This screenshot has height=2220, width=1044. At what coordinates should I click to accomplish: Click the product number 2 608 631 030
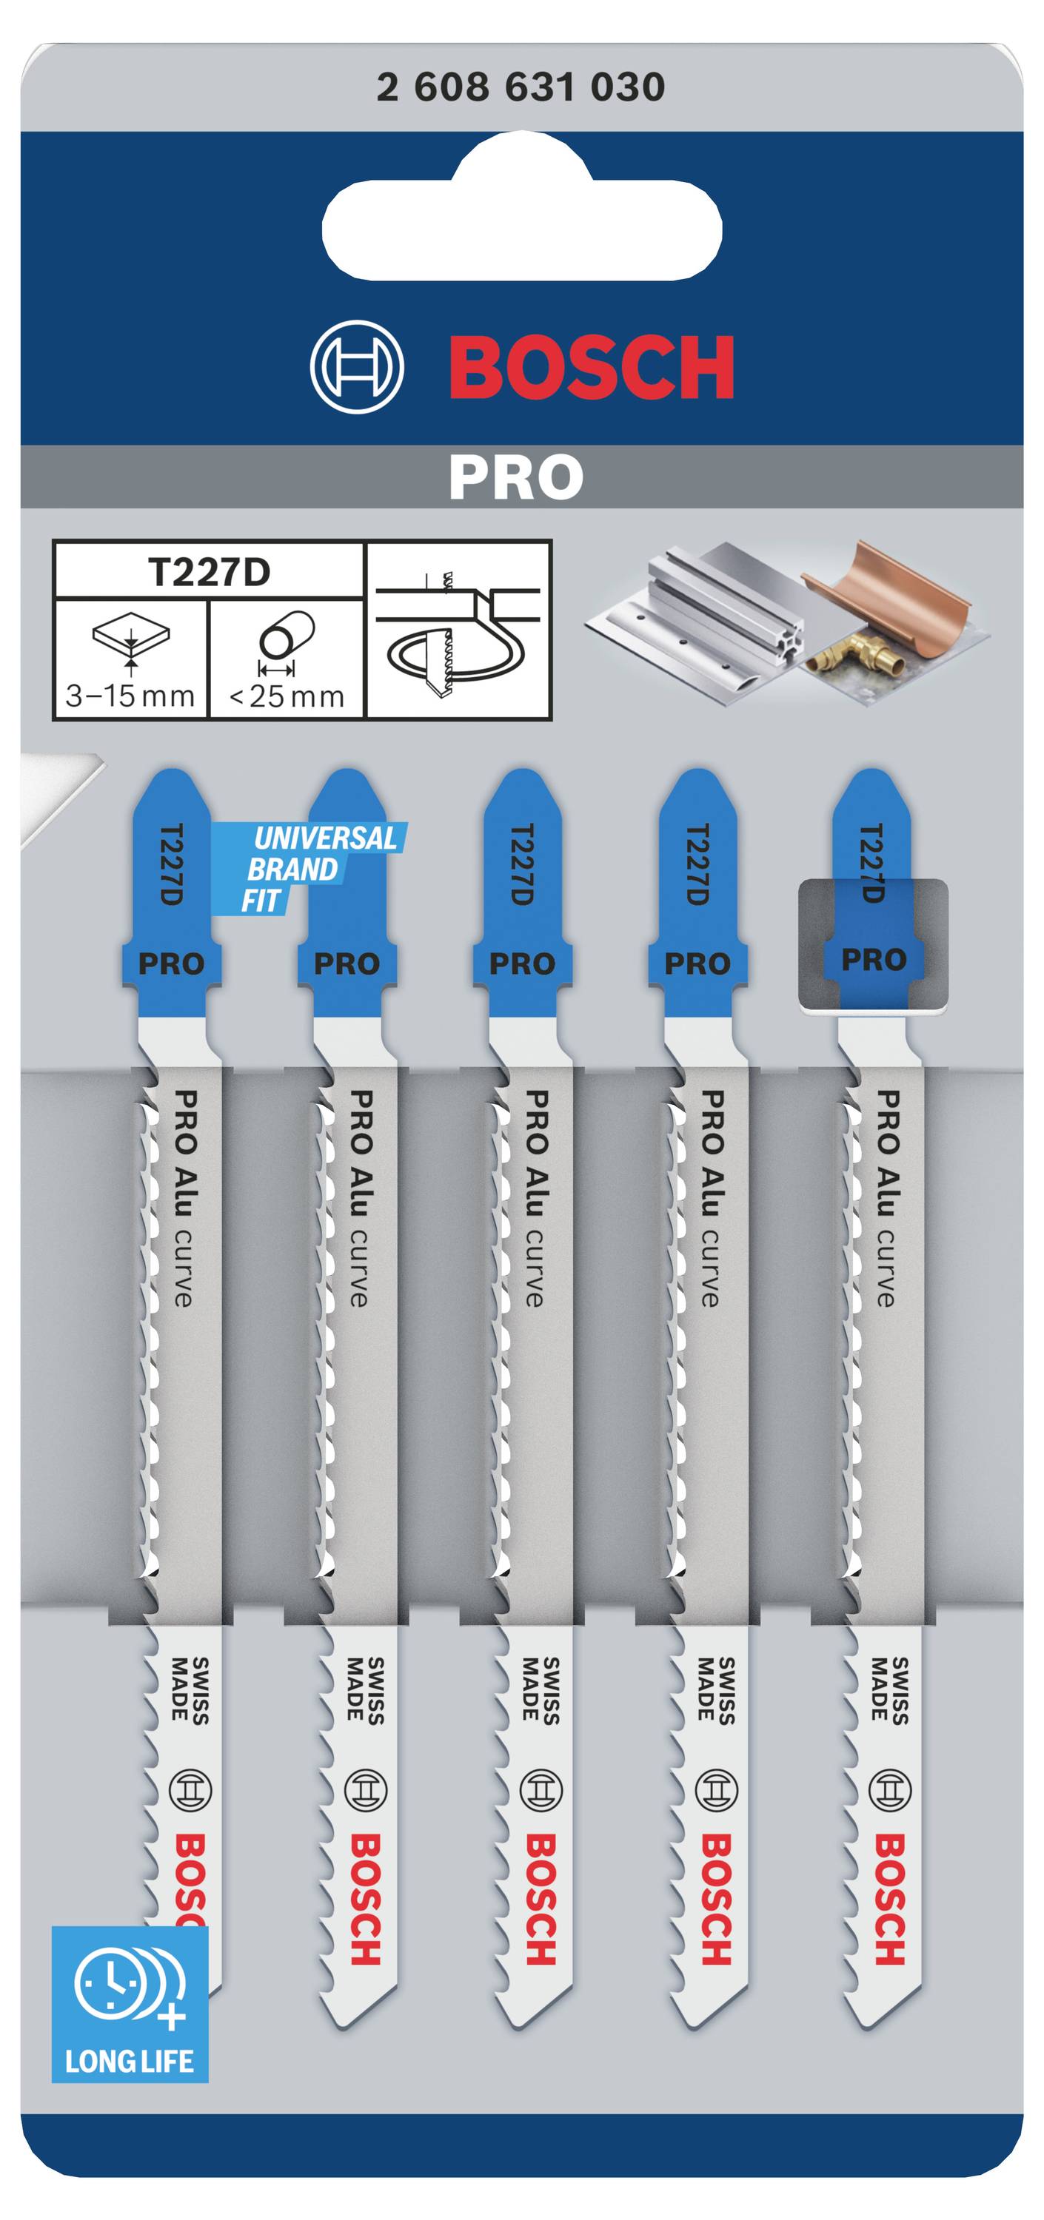click(x=521, y=87)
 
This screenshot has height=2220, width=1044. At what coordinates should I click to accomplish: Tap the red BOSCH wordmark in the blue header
click(x=592, y=367)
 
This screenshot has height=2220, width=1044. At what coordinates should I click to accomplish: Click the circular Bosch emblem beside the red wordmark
click(x=357, y=367)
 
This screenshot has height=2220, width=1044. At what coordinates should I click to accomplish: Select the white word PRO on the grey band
click(x=515, y=477)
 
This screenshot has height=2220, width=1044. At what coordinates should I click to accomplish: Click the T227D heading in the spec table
click(x=209, y=572)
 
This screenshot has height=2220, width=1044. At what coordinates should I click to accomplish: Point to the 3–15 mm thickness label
click(x=130, y=696)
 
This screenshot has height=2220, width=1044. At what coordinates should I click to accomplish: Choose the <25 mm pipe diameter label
click(x=287, y=696)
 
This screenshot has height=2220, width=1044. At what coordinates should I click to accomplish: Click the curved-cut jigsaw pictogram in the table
click(x=458, y=630)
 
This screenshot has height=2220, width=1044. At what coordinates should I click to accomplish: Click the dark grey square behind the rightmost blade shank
click(x=873, y=946)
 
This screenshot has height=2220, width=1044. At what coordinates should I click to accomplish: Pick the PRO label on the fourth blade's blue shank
click(x=697, y=963)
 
